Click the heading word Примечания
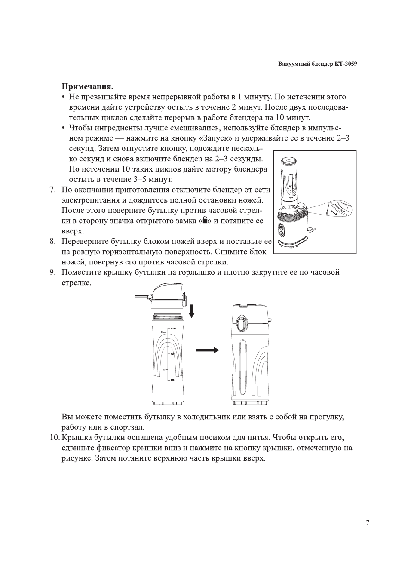click(87, 86)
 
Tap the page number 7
click(367, 523)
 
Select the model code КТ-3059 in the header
click(346, 64)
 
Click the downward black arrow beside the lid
click(192, 311)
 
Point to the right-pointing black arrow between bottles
click(207, 350)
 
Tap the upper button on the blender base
click(281, 227)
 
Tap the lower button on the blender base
click(281, 234)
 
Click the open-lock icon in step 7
click(205, 220)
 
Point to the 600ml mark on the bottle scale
click(173, 329)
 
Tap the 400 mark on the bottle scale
click(172, 354)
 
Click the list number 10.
click(54, 437)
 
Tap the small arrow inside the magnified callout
click(334, 212)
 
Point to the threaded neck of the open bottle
click(168, 317)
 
